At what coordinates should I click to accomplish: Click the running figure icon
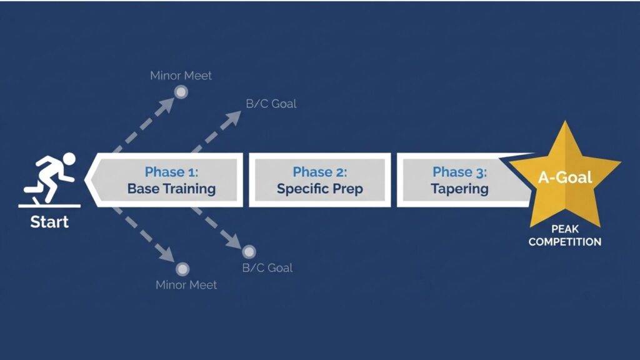coord(50,179)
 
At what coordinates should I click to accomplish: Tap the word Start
coord(49,222)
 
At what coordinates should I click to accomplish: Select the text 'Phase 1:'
coord(171,172)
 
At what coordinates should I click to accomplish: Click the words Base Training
coord(171,189)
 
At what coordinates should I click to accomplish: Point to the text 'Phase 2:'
coord(320,172)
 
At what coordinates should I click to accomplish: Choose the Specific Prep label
coord(320,189)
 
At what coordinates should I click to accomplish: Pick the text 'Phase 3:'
coord(459,172)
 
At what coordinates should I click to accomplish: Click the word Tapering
coord(459,189)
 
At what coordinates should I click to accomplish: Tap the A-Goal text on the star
coord(565,177)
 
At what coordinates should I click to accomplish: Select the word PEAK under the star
coord(565,229)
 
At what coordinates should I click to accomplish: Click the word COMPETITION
coord(565,242)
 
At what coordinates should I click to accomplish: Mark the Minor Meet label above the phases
coord(181,76)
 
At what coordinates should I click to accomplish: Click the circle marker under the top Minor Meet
coord(181,92)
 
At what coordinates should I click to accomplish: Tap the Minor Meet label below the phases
coord(186,285)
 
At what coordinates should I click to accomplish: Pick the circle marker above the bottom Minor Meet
coord(182,269)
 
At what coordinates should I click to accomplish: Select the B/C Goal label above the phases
coord(271,104)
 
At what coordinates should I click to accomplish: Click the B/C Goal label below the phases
coord(267,268)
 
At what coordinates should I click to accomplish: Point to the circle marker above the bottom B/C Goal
coord(249,252)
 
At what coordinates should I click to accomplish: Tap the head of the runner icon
coord(69,159)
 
